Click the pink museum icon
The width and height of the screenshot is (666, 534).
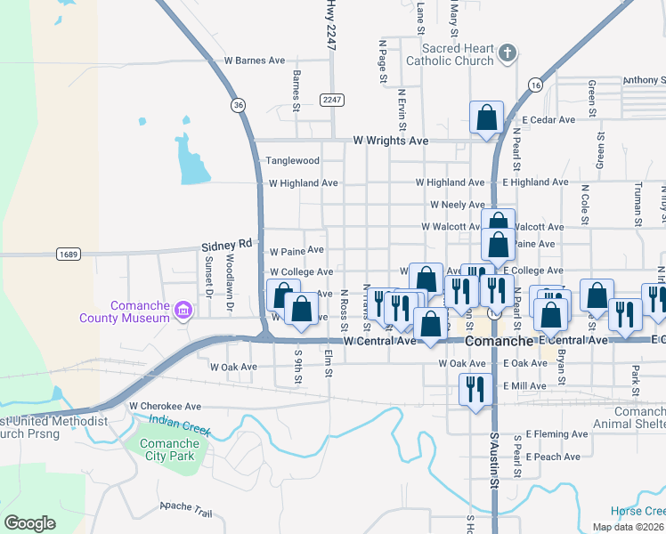(x=183, y=310)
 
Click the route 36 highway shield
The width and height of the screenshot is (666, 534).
(x=238, y=105)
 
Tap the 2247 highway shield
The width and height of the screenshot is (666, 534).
(x=333, y=100)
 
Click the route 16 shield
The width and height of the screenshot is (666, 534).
(x=534, y=85)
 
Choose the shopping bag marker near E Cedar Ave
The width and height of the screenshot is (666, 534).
(x=486, y=117)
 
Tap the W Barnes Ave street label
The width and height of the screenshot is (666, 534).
(x=255, y=61)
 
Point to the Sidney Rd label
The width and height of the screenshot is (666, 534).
(x=228, y=245)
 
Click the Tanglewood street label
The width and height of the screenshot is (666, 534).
(x=293, y=161)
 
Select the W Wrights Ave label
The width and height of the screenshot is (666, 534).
(x=391, y=141)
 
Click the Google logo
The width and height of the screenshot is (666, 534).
(x=29, y=523)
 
